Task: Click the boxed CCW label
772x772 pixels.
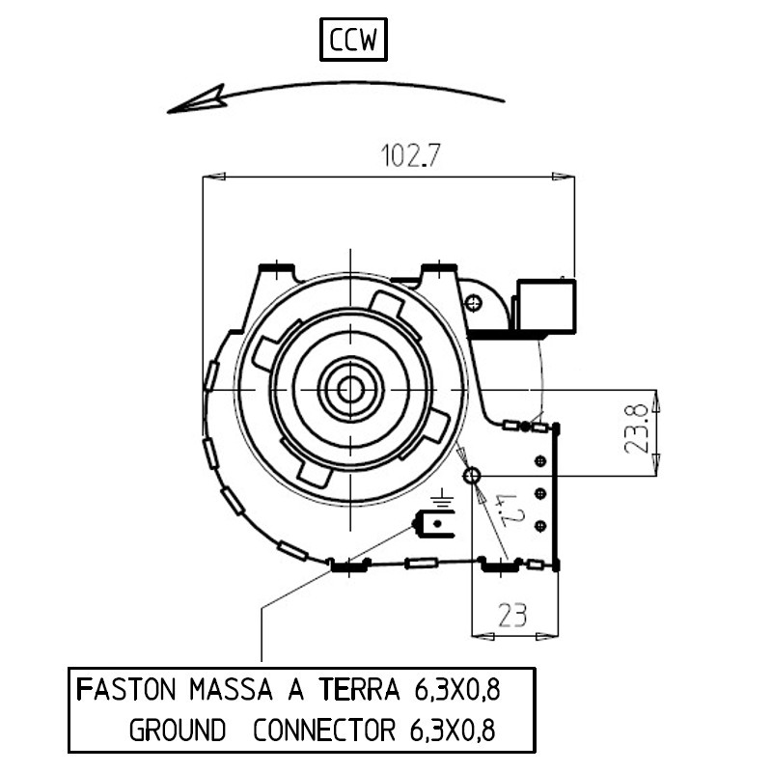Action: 352,41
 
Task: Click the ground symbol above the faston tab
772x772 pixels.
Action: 443,500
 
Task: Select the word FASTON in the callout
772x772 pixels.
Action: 125,690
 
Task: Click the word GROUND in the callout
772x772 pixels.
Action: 178,730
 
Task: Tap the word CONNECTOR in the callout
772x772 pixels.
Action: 323,730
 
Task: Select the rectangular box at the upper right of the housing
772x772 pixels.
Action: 546,305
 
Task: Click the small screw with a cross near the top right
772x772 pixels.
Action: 473,303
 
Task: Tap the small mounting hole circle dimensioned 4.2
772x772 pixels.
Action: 472,476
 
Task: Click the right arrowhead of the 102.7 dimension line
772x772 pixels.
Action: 565,177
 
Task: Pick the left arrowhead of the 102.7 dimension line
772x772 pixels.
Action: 212,177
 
